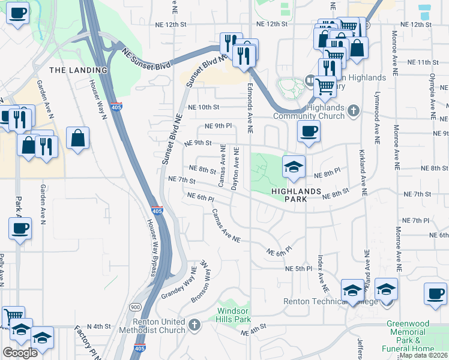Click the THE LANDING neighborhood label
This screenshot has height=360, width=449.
pyautogui.click(x=78, y=70)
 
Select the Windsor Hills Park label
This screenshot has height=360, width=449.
pyautogui.click(x=233, y=315)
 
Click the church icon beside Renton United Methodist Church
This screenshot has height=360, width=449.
pyautogui.click(x=194, y=325)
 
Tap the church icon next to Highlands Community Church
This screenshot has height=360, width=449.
pyautogui.click(x=354, y=110)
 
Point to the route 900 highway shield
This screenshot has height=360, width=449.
pyautogui.click(x=133, y=306)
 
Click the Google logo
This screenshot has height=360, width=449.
pyautogui.click(x=20, y=352)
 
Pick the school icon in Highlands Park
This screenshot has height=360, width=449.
pyautogui.click(x=294, y=167)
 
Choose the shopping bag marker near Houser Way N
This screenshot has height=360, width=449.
pyautogui.click(x=78, y=138)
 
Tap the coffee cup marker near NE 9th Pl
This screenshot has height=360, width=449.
pyautogui.click(x=309, y=131)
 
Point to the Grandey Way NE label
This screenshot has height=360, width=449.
pyautogui.click(x=178, y=284)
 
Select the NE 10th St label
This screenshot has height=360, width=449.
pyautogui.click(x=203, y=107)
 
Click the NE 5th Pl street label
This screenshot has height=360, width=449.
pyautogui.click(x=299, y=268)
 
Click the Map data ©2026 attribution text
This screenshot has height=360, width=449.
pyautogui.click(x=424, y=355)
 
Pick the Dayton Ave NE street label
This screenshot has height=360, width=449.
pyautogui.click(x=235, y=169)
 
